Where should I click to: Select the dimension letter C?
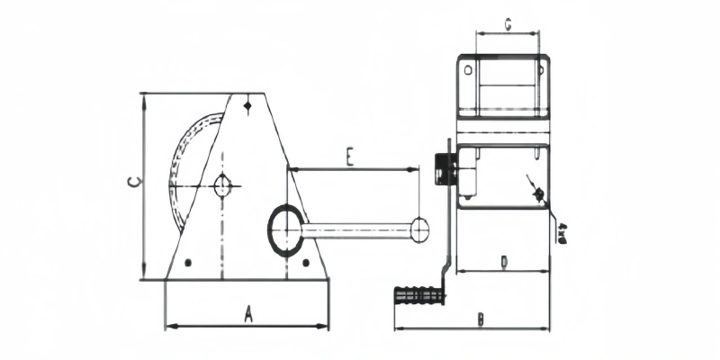131,184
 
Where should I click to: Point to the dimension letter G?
508,25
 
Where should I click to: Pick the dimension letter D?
504,262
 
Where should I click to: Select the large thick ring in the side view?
287,228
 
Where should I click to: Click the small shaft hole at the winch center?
222,186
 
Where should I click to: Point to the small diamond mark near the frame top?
247,107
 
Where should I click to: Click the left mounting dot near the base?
187,263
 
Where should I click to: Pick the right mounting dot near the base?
306,263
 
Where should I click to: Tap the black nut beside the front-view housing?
442,168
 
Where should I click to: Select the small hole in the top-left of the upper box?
468,68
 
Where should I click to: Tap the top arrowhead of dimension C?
143,97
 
